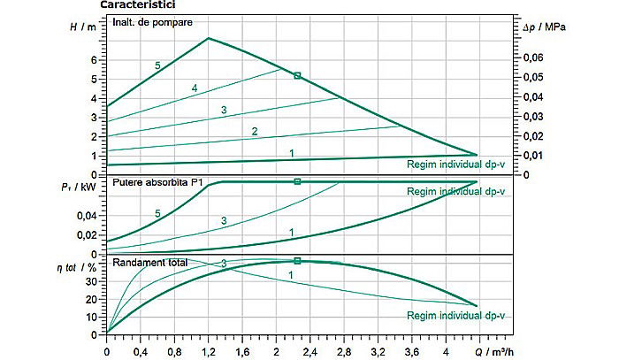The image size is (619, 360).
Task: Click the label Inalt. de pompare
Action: [153, 21]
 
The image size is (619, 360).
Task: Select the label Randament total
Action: [147, 262]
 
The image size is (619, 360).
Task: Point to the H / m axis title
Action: [82, 27]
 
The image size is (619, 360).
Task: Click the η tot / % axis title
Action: [76, 266]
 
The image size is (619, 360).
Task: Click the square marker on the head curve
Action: [298, 76]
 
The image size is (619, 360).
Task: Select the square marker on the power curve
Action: [298, 181]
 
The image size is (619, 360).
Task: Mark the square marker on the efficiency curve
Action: [298, 261]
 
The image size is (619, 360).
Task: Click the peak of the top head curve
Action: [208, 38]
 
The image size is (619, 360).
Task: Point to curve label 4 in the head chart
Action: [195, 88]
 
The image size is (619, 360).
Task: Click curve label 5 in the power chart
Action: [158, 214]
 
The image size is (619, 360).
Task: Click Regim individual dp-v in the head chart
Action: [456, 164]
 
